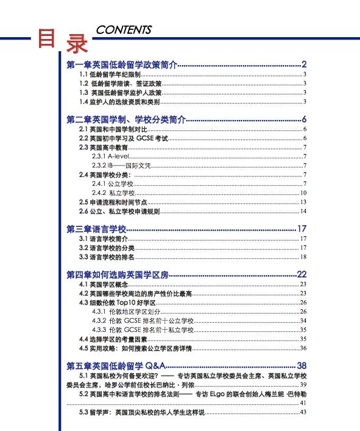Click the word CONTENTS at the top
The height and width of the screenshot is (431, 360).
124,30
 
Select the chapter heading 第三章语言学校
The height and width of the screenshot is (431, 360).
96,229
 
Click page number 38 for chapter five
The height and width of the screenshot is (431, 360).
302,365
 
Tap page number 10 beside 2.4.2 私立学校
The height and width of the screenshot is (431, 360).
303,193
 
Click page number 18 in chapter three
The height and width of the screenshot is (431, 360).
303,258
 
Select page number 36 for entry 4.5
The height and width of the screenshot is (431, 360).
303,348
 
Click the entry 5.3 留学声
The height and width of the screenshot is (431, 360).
140,413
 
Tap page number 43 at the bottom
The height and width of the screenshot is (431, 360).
303,413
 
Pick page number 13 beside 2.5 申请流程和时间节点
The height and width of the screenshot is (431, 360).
303,202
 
